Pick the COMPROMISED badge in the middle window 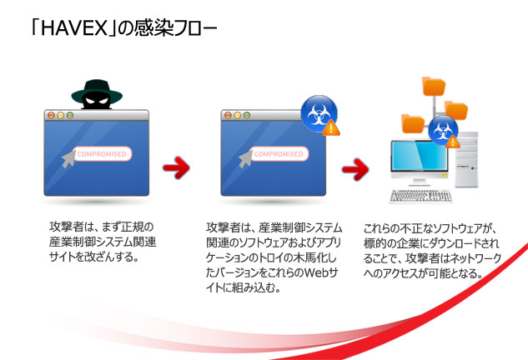[279, 154]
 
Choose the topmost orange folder [434, 86]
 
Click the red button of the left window [50, 114]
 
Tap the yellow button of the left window [60, 114]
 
